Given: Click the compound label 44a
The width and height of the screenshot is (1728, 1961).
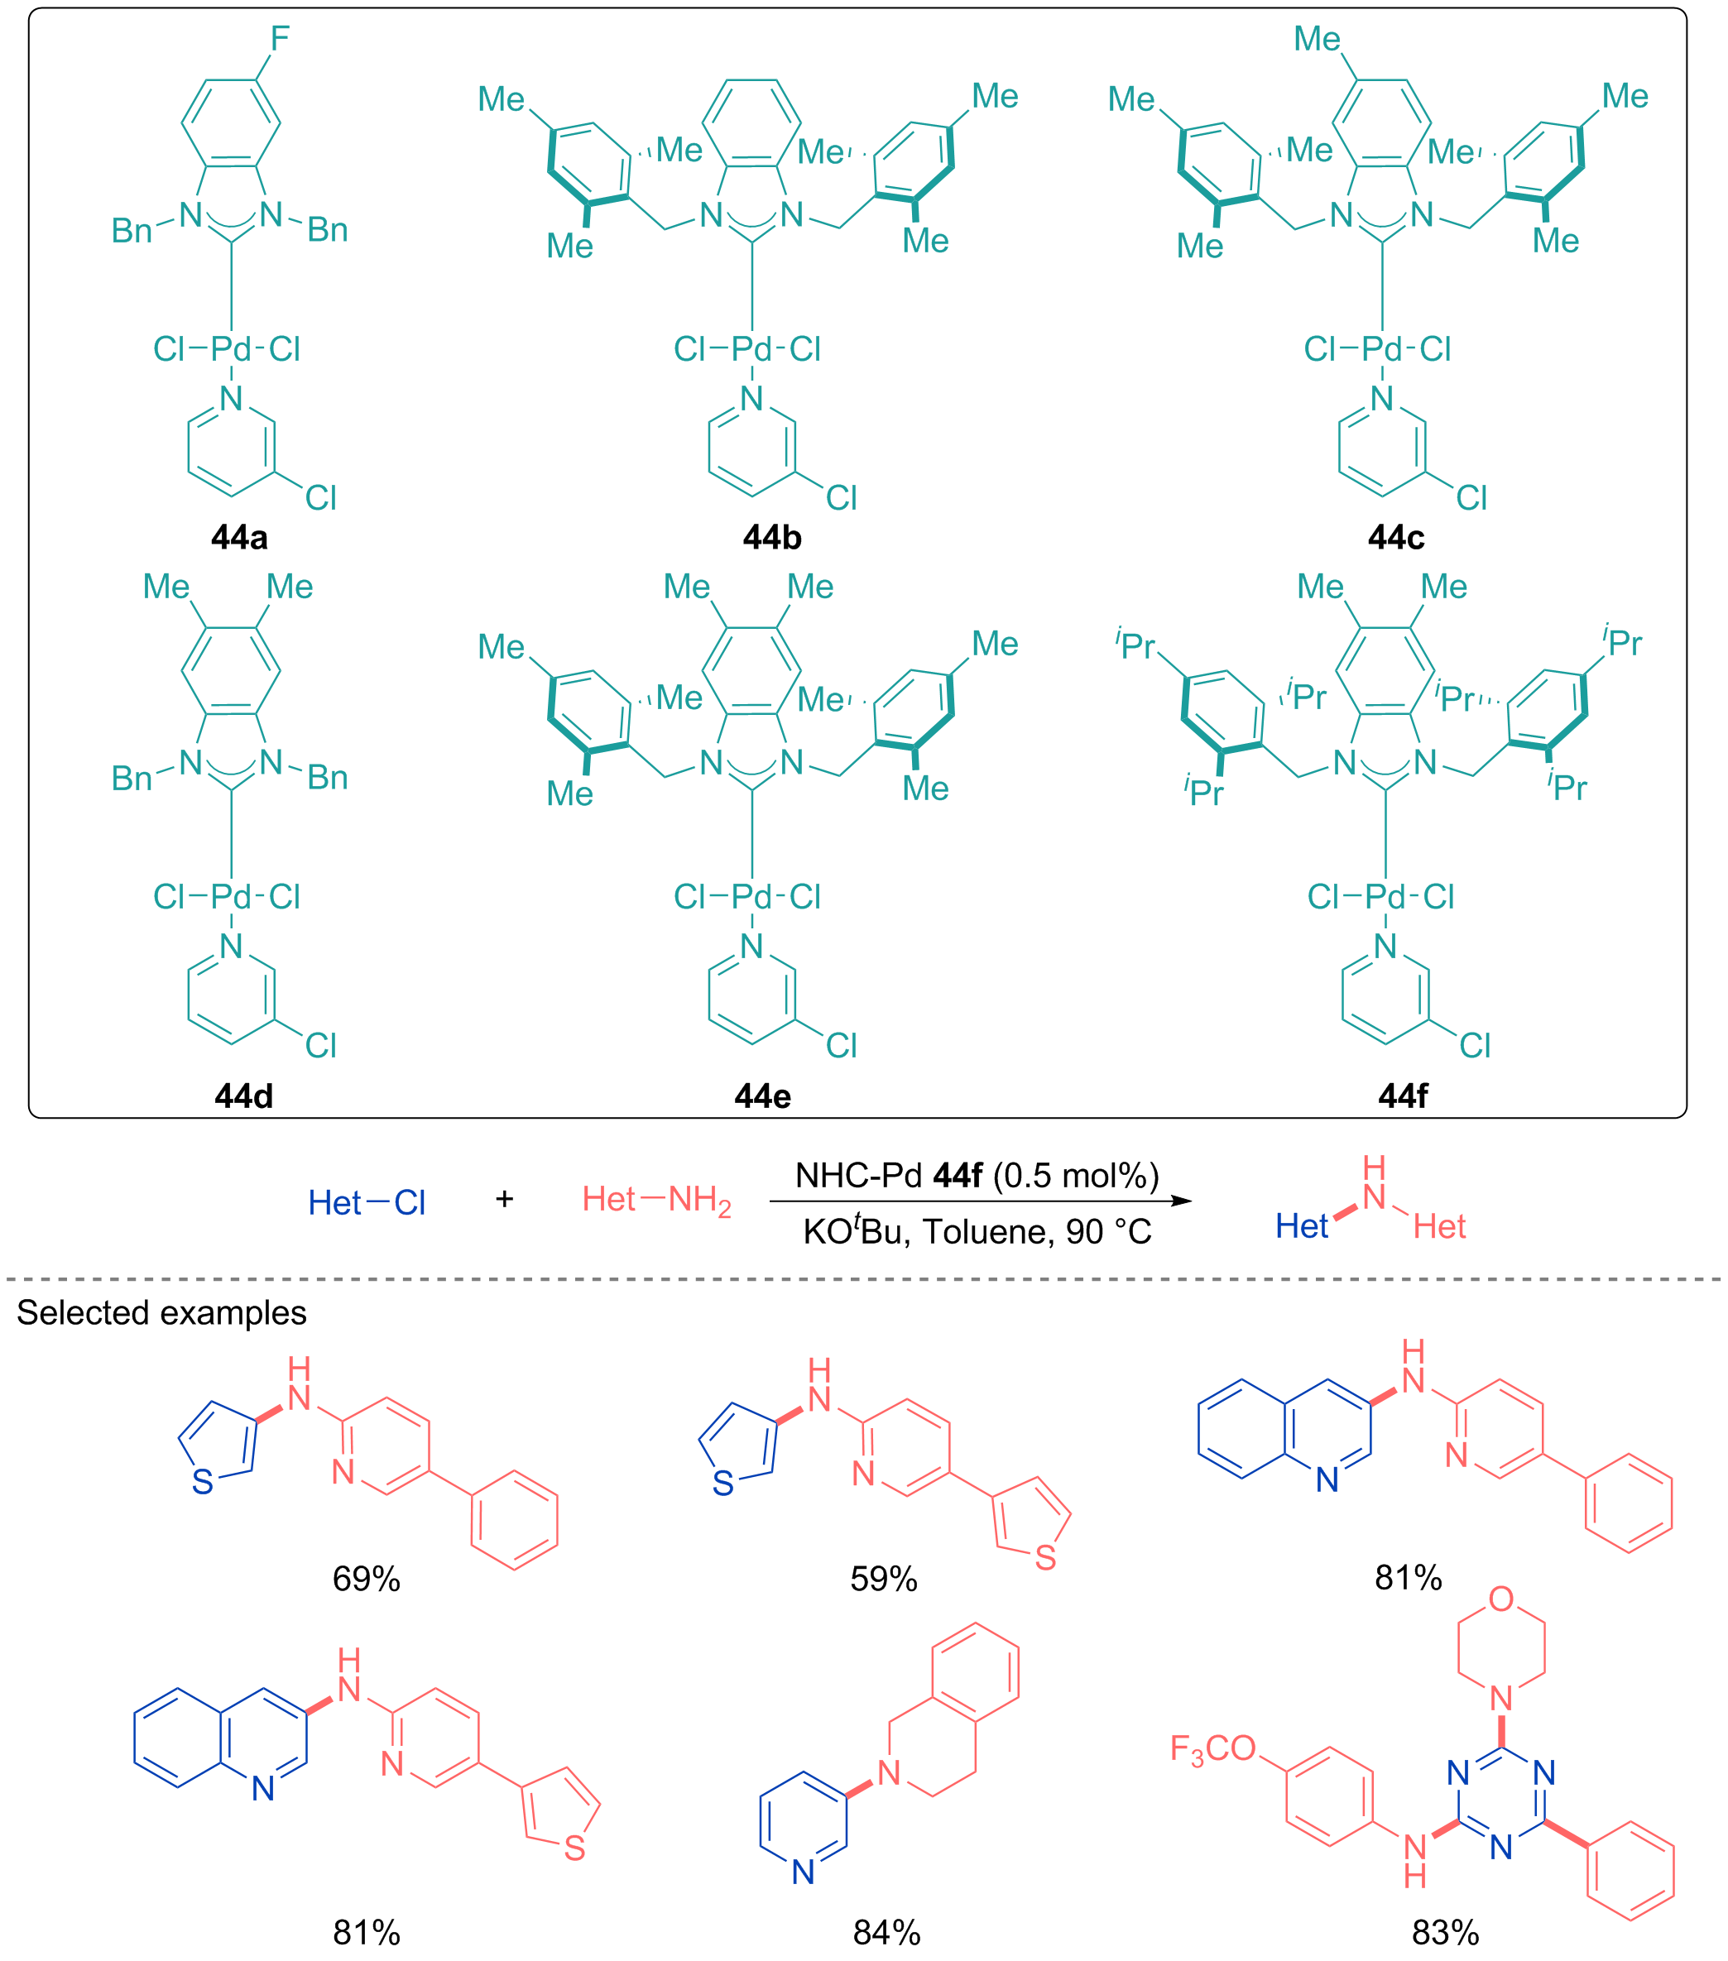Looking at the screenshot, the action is [x=239, y=537].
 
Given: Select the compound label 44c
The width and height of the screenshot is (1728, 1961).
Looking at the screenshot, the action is [x=1396, y=537].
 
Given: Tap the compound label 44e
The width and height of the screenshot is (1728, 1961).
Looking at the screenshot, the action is [x=763, y=1096].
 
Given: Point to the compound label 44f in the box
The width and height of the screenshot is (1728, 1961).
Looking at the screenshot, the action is [x=1403, y=1096].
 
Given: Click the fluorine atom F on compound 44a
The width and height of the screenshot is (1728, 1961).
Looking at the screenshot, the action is [x=279, y=40].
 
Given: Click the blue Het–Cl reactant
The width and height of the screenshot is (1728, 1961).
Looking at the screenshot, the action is [x=367, y=1203].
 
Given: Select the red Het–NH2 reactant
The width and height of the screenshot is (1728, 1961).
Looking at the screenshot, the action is [x=657, y=1201].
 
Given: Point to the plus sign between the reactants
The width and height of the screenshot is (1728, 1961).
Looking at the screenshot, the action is [x=505, y=1198].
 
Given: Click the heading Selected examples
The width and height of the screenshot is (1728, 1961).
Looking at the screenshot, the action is [x=161, y=1312].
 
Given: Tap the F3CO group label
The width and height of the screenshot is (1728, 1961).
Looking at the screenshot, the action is [x=1212, y=1749].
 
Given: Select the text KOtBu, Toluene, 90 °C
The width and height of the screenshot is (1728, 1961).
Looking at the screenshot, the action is [x=977, y=1231].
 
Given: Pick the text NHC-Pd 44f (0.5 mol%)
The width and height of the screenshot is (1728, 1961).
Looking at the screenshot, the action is [x=977, y=1175].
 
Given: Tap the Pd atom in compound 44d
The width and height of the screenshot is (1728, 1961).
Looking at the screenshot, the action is [x=231, y=897].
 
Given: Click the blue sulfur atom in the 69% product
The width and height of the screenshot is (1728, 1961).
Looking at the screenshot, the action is [x=203, y=1482].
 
